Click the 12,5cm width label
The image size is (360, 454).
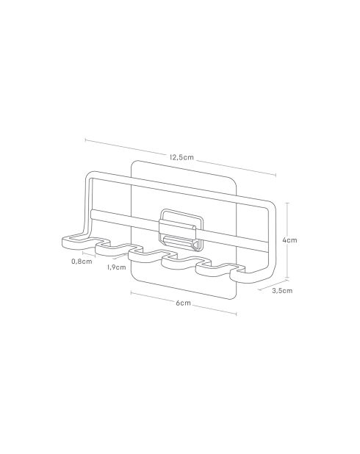click(x=181, y=156)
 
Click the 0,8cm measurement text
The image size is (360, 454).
click(x=82, y=262)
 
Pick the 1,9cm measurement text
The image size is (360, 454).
click(x=115, y=267)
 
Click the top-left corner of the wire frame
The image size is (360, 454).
click(x=89, y=176)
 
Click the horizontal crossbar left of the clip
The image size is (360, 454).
click(x=125, y=216)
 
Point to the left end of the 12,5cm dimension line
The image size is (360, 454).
click(x=85, y=140)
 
